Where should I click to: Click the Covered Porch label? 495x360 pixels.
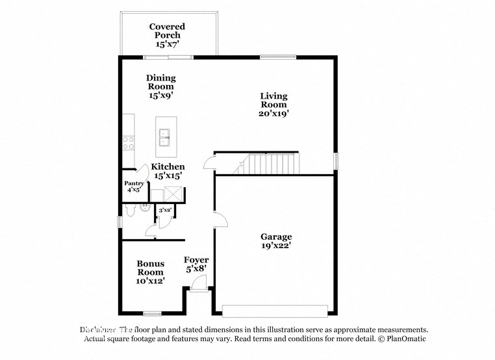click(167, 35)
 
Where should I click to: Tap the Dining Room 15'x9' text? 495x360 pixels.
click(160, 86)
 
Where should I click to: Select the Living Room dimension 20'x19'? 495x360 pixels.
click(273, 113)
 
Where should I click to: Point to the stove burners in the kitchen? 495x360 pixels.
click(129, 142)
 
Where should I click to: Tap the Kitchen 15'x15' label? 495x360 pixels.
click(168, 171)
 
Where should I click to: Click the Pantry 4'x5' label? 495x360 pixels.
click(133, 187)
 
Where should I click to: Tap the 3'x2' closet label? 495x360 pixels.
click(165, 210)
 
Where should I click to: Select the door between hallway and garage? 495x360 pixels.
click(221, 220)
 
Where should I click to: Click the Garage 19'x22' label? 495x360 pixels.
click(276, 241)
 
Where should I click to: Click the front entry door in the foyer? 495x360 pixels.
click(200, 283)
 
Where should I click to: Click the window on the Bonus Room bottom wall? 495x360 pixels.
click(153, 314)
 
